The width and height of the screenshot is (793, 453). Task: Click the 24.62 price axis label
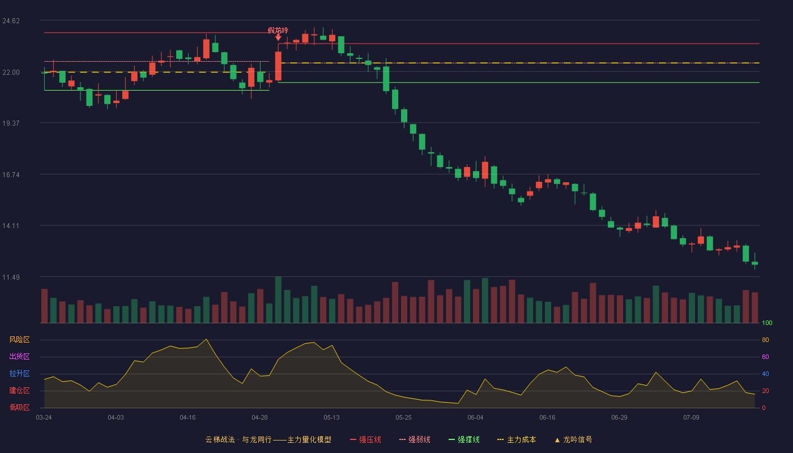coord(11,21)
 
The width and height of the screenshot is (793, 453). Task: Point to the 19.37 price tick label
coord(11,123)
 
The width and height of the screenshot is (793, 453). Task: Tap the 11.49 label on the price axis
coord(11,277)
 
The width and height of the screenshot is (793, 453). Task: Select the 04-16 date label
coord(187,418)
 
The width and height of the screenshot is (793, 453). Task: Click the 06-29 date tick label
coord(619,418)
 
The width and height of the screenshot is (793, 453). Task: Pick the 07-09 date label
coord(691,418)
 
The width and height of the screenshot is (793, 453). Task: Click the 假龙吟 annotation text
coord(278,31)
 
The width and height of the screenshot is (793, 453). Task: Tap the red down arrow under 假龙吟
coord(278,37)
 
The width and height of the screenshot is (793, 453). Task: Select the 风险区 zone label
coord(19,340)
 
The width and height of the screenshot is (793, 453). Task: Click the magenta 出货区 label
coord(19,356)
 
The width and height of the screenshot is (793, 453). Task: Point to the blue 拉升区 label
coord(19,373)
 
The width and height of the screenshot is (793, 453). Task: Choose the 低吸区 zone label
coord(19,407)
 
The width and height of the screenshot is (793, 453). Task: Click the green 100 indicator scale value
coord(767,323)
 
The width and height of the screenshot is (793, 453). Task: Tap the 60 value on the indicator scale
coord(765,357)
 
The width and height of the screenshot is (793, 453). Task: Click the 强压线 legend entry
coord(365,439)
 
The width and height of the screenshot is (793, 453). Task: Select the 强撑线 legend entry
coord(464,439)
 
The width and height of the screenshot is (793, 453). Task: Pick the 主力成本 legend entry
coord(517,439)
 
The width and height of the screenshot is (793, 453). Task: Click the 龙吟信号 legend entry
coord(573,439)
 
